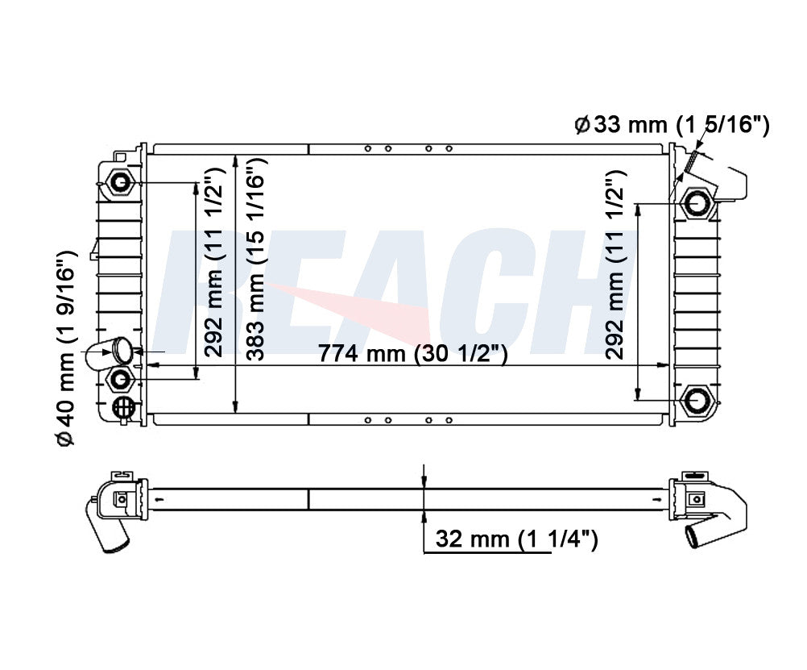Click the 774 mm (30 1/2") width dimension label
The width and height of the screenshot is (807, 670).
pos(413,354)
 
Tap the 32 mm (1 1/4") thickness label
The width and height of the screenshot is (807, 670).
pos(517,539)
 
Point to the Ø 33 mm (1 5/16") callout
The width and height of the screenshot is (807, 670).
pos(672,125)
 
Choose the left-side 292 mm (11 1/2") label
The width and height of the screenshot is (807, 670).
pos(213,262)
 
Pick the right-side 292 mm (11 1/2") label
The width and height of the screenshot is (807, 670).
pos(615,265)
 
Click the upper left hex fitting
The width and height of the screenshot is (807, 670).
pos(121,183)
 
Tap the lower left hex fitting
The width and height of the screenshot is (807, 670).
pos(121,380)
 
